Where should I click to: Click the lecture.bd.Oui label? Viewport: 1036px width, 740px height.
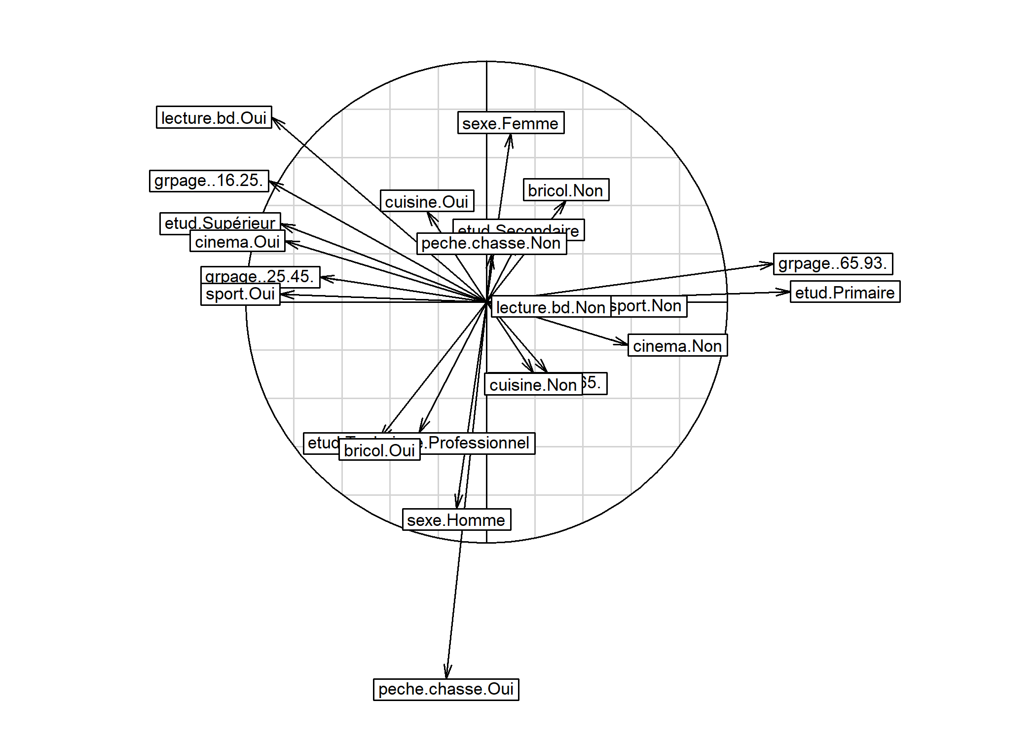point(214,117)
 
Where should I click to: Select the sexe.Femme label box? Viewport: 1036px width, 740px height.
point(511,123)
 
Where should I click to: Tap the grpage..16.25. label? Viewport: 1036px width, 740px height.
point(209,181)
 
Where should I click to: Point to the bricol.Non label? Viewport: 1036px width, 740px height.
point(566,190)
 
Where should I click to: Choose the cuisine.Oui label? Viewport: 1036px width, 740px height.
point(427,201)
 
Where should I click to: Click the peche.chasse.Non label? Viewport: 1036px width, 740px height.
point(491,244)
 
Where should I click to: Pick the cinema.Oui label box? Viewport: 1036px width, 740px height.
point(237,242)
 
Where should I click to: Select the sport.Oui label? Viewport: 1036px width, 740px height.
point(240,294)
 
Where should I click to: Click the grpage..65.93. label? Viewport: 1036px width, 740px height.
point(833,263)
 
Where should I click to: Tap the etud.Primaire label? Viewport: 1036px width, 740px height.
point(845,292)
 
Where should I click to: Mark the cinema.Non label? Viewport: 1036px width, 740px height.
point(677,346)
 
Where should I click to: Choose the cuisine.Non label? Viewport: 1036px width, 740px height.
point(533,384)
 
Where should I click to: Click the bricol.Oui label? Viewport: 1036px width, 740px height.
point(379,450)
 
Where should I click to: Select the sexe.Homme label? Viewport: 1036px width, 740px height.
point(456,520)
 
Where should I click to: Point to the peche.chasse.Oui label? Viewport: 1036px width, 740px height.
point(446,689)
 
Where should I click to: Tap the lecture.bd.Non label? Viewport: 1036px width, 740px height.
point(551,307)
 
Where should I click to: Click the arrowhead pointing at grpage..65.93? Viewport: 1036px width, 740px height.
point(770,264)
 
